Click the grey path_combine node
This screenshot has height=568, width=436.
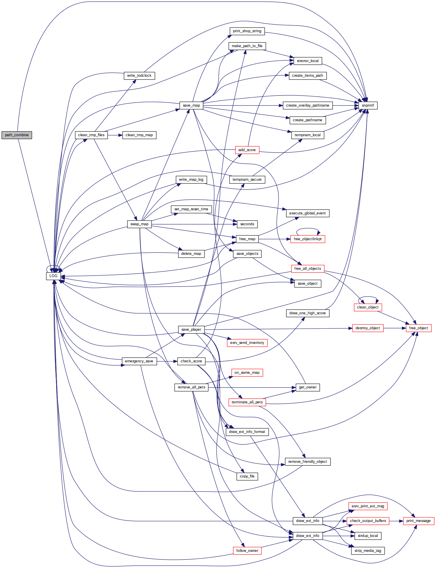coord(17,135)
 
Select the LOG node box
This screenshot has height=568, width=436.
coord(53,276)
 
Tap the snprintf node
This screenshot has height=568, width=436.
coord(368,105)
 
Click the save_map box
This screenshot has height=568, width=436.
coord(191,105)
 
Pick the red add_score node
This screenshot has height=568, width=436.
coord(247,150)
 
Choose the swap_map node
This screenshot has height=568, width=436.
coord(139,224)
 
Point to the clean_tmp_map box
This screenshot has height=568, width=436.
coord(139,135)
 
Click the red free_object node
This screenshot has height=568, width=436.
coord(418,328)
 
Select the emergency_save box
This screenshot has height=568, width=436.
coord(139,361)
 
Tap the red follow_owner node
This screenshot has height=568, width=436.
coord(247,551)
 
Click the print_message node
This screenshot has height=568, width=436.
coord(418,521)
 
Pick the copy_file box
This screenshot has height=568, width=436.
coord(247,476)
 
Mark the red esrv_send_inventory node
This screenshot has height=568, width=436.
coord(247,343)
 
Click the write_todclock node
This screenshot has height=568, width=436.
coord(139,76)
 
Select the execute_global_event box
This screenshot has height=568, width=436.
coord(307,213)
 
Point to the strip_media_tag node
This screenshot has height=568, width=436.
coord(368,551)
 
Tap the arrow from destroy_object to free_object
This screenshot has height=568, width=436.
coord(394,328)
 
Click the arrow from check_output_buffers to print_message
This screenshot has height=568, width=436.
coord(396,521)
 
